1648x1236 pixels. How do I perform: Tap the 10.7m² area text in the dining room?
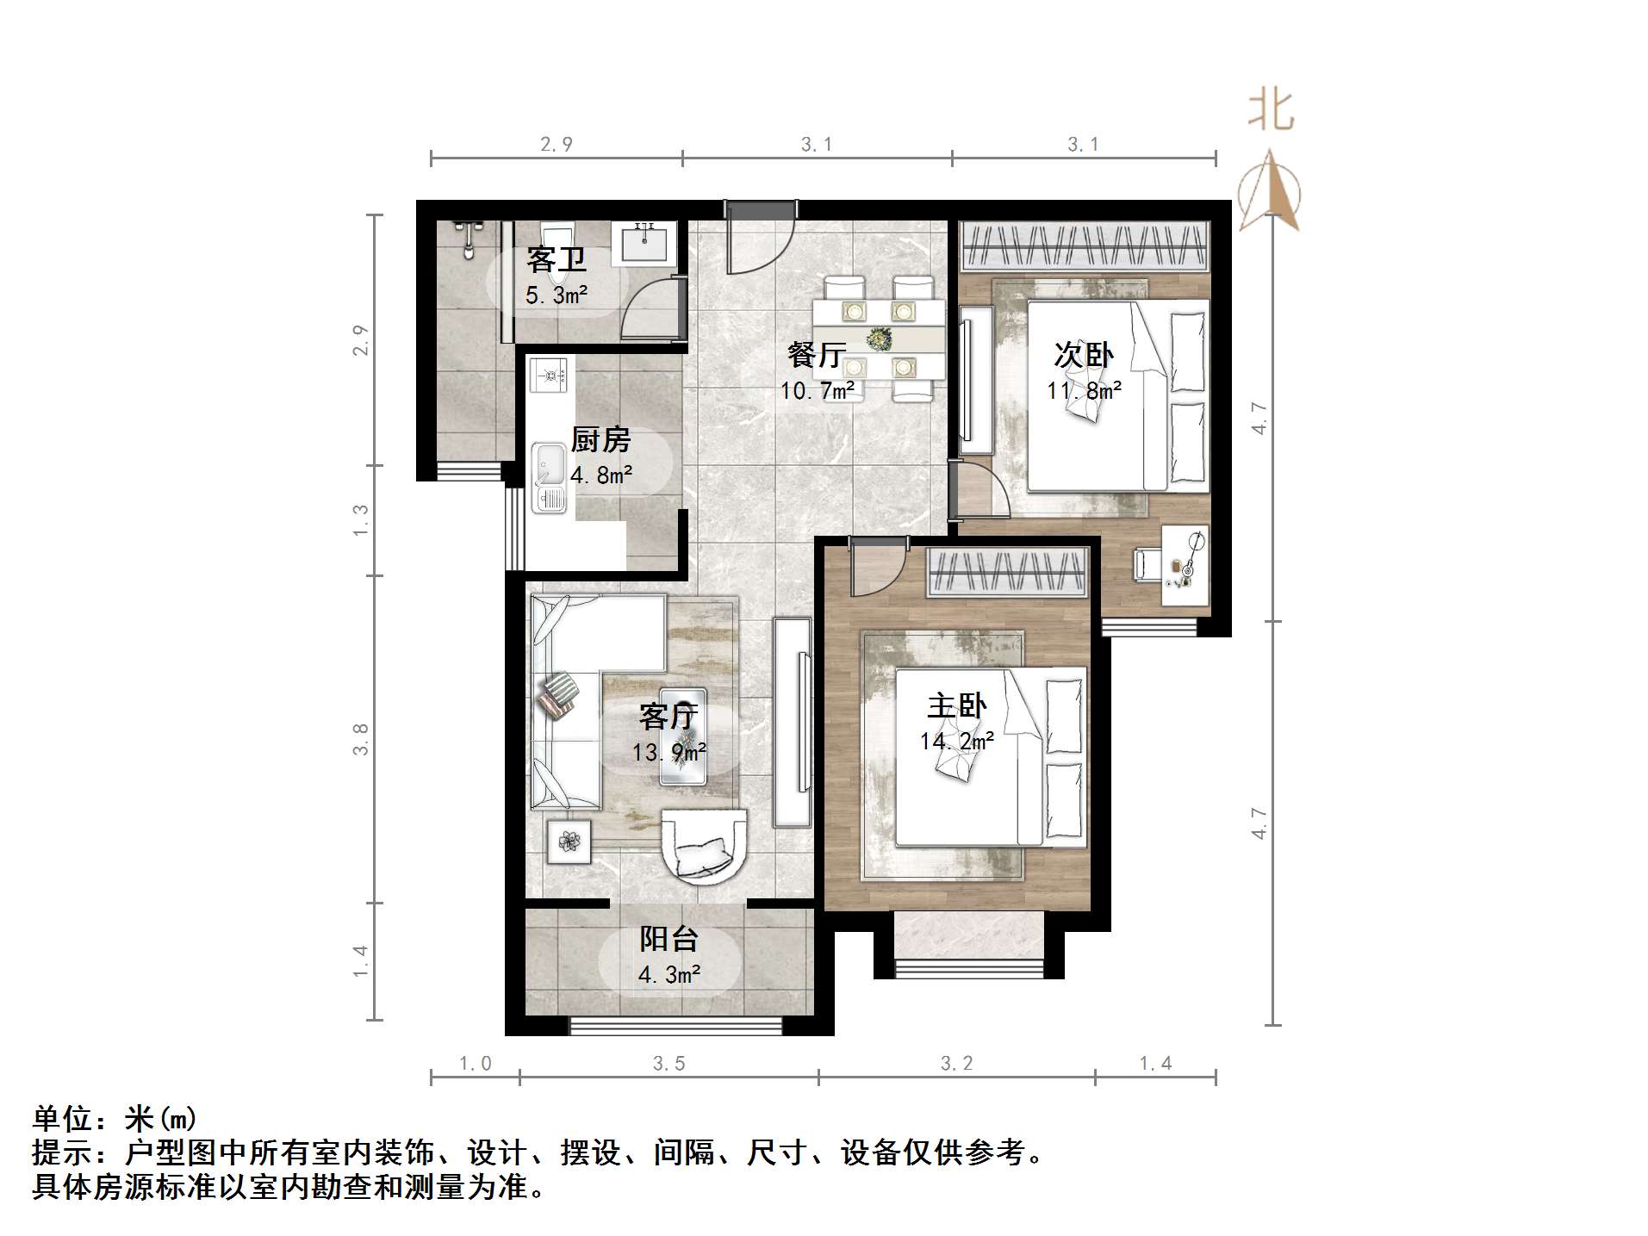(817, 391)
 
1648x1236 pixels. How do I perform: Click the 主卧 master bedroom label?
(956, 705)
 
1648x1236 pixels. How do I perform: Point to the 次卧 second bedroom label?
(1083, 354)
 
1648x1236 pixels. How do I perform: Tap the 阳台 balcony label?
(668, 938)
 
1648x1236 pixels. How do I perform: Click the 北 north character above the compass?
(1271, 111)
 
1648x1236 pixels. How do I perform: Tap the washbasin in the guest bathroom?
(644, 243)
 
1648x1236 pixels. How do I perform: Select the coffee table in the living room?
(683, 737)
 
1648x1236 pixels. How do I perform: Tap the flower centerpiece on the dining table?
(879, 339)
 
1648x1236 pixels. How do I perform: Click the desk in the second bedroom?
(1185, 566)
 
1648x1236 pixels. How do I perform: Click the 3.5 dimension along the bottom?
(668, 1064)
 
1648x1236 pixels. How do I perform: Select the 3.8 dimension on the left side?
(360, 739)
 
